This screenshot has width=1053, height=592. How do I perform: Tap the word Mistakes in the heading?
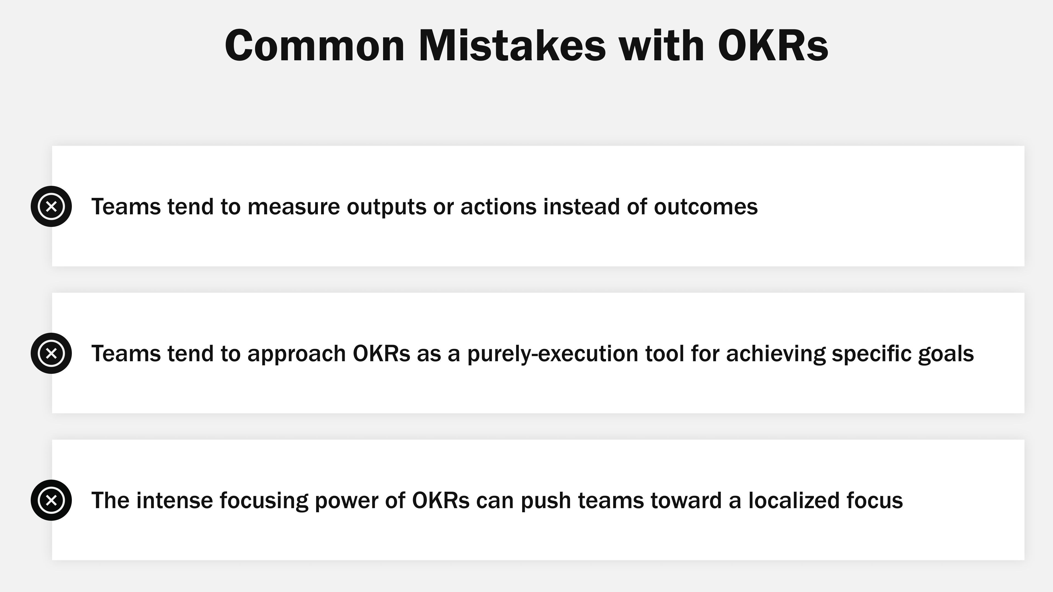click(x=512, y=46)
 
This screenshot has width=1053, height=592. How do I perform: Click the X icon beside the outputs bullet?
click(x=51, y=206)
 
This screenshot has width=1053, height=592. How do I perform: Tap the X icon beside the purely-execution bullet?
click(x=51, y=353)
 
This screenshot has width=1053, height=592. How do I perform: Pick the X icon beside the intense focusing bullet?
click(x=51, y=500)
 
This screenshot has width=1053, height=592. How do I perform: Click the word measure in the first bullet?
click(x=293, y=207)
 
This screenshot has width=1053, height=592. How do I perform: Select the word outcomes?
click(x=706, y=207)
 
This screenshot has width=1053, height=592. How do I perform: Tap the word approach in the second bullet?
click(x=296, y=354)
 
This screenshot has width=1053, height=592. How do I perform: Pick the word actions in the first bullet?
click(x=498, y=207)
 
